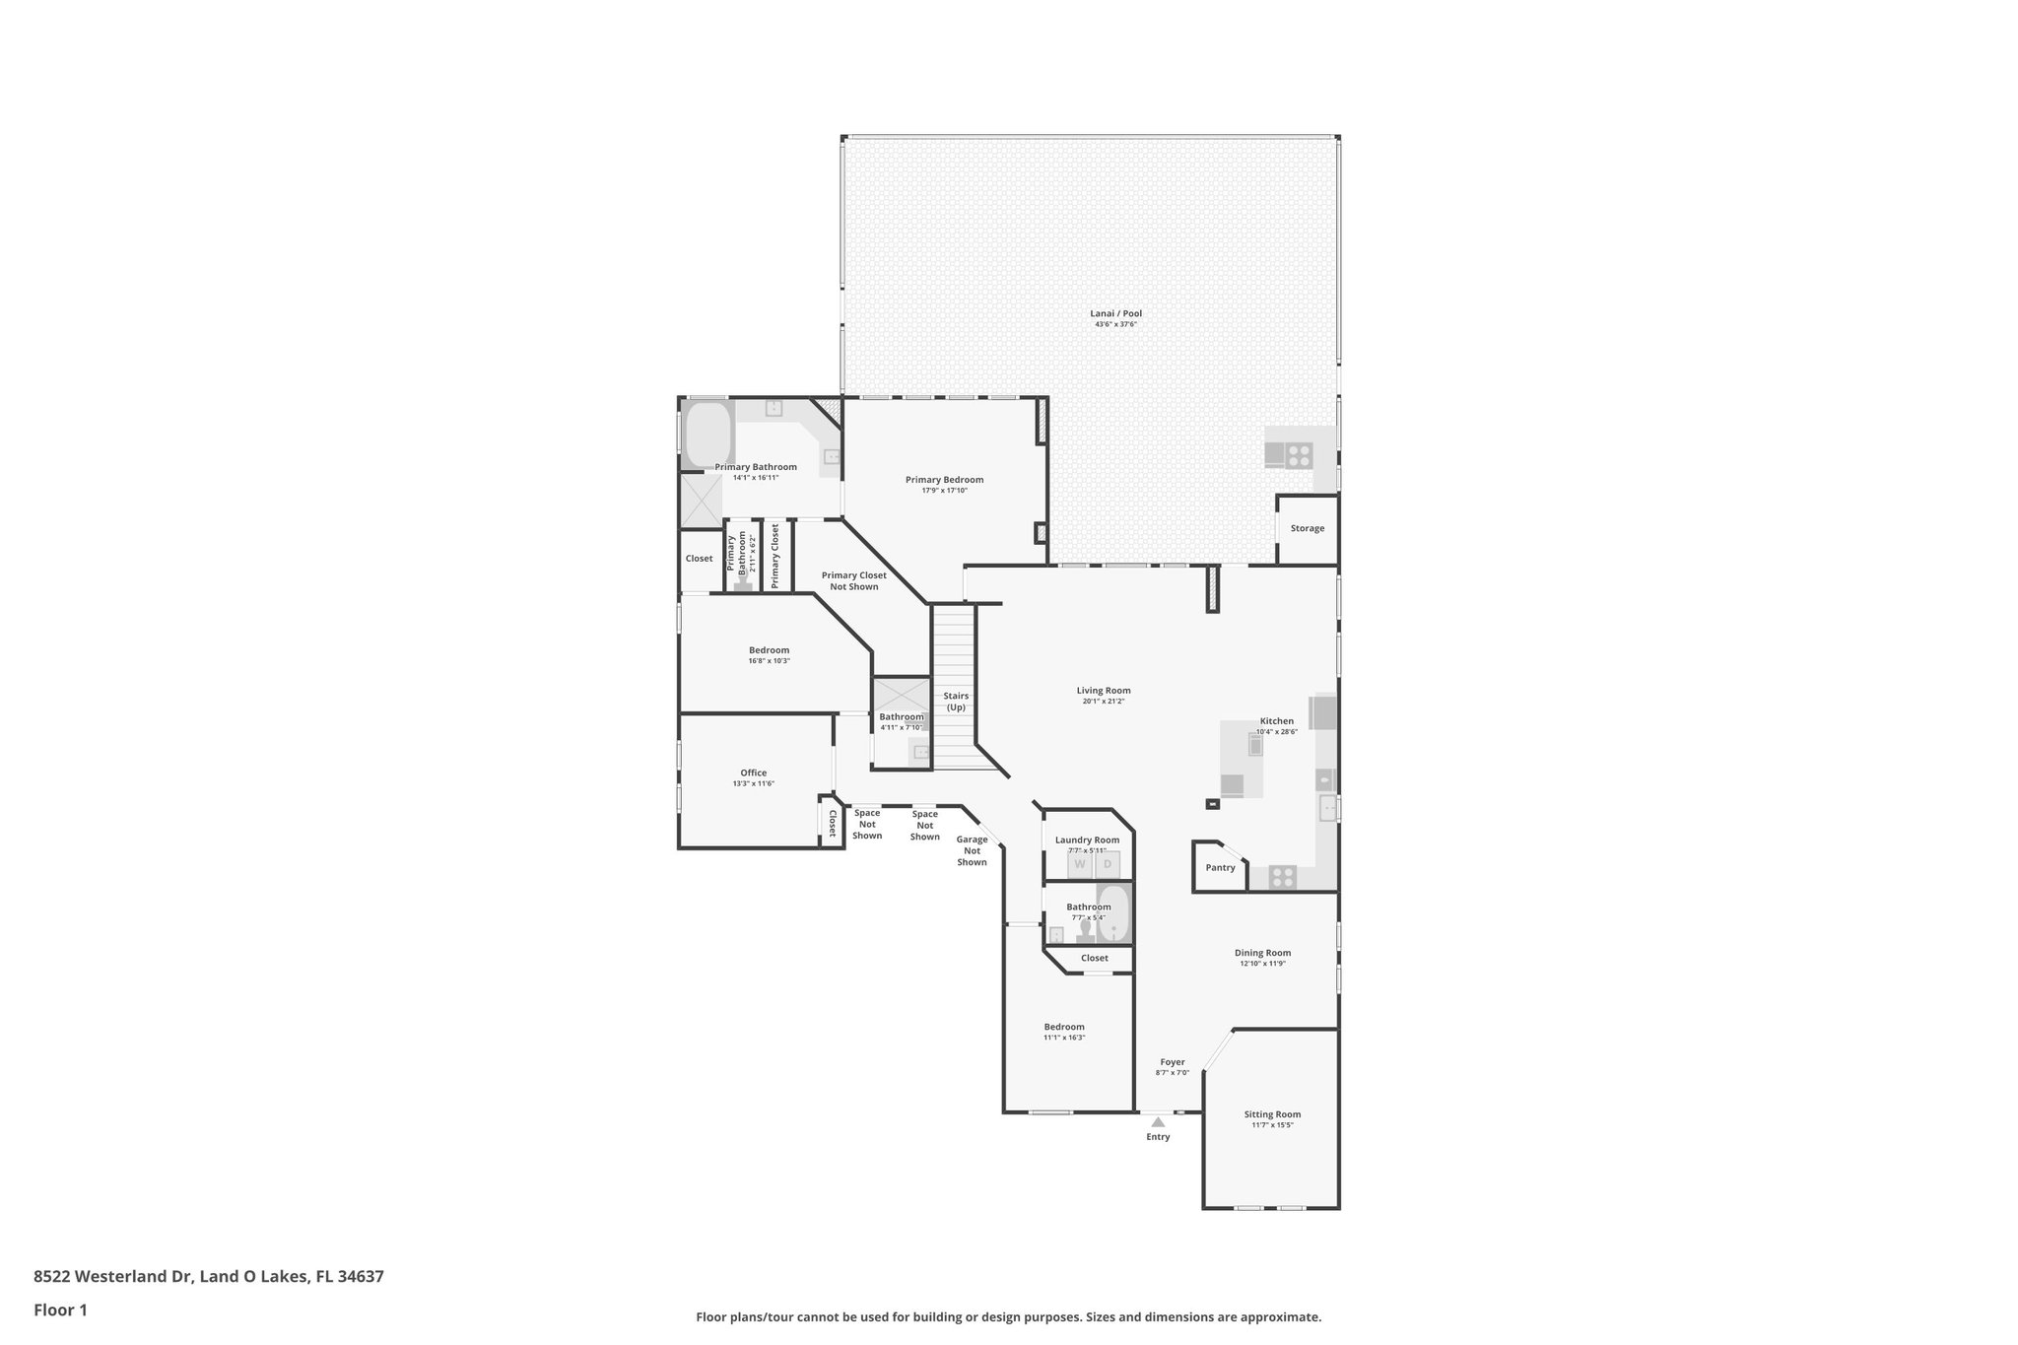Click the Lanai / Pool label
click(1115, 313)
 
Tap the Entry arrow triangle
click(1158, 1121)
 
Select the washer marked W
click(1080, 864)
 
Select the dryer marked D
click(1107, 864)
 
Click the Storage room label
click(1307, 528)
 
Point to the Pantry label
click(1220, 867)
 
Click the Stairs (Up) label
click(956, 702)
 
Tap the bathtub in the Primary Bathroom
click(706, 436)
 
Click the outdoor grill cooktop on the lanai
click(1299, 455)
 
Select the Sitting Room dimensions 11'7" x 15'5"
click(1272, 1124)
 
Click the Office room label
click(753, 773)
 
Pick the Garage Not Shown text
click(972, 850)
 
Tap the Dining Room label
click(1262, 953)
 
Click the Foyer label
click(1172, 1062)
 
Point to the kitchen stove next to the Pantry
click(1282, 876)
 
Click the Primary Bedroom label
click(944, 480)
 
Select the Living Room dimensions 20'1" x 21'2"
click(1104, 701)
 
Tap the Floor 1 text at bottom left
click(60, 1310)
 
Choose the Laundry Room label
click(1087, 840)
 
